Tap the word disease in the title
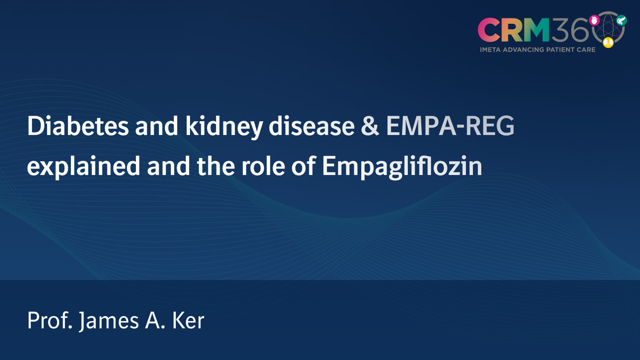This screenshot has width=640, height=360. [311, 126]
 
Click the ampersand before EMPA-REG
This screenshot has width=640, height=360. [370, 126]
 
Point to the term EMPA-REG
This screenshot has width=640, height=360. [450, 126]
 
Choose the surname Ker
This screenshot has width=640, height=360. [188, 320]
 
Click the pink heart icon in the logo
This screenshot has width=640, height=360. [594, 20]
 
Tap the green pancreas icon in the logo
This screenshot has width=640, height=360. [621, 20]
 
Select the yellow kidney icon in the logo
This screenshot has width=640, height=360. [608, 42]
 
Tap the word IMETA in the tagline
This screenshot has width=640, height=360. [490, 50]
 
